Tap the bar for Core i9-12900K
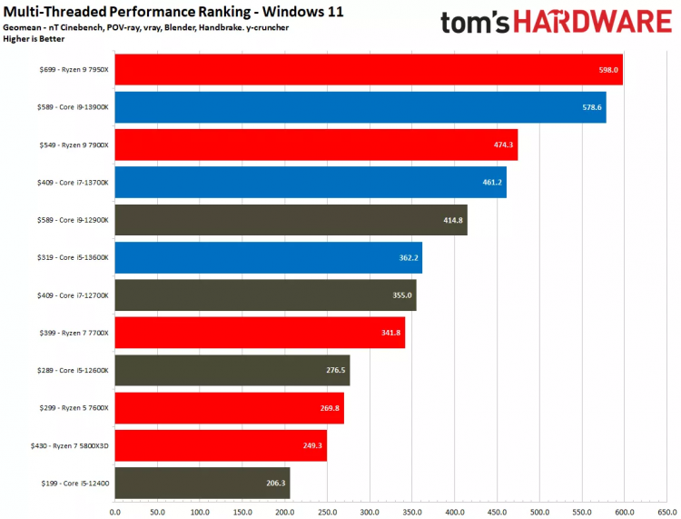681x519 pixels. pos(291,220)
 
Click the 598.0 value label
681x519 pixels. pos(608,70)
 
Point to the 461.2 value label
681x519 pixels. pos(492,183)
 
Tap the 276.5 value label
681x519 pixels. pos(336,371)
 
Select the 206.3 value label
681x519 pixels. pos(276,484)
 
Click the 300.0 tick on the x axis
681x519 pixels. pos(370,512)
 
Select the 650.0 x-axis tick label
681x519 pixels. pos(666,512)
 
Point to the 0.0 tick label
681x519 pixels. pos(115,512)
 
